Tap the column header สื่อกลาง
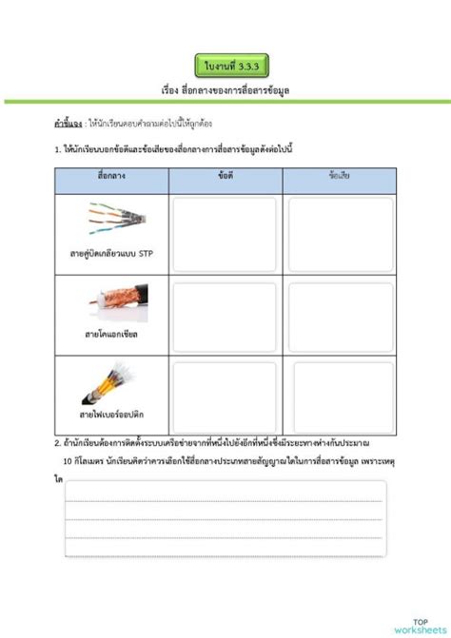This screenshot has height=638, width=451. point(111,178)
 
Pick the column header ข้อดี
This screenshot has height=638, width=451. point(225,178)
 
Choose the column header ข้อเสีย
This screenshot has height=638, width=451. point(340,178)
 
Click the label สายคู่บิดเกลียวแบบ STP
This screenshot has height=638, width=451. point(112,255)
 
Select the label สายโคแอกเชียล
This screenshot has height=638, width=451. point(112,334)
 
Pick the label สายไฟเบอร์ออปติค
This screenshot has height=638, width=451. point(112,416)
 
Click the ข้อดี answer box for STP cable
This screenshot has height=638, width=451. point(225,234)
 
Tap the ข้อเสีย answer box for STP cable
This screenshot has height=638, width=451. point(340,234)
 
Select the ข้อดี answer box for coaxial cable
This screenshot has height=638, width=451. point(225,315)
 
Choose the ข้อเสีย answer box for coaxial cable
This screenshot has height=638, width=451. point(340,315)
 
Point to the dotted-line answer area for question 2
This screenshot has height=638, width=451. point(225,516)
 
